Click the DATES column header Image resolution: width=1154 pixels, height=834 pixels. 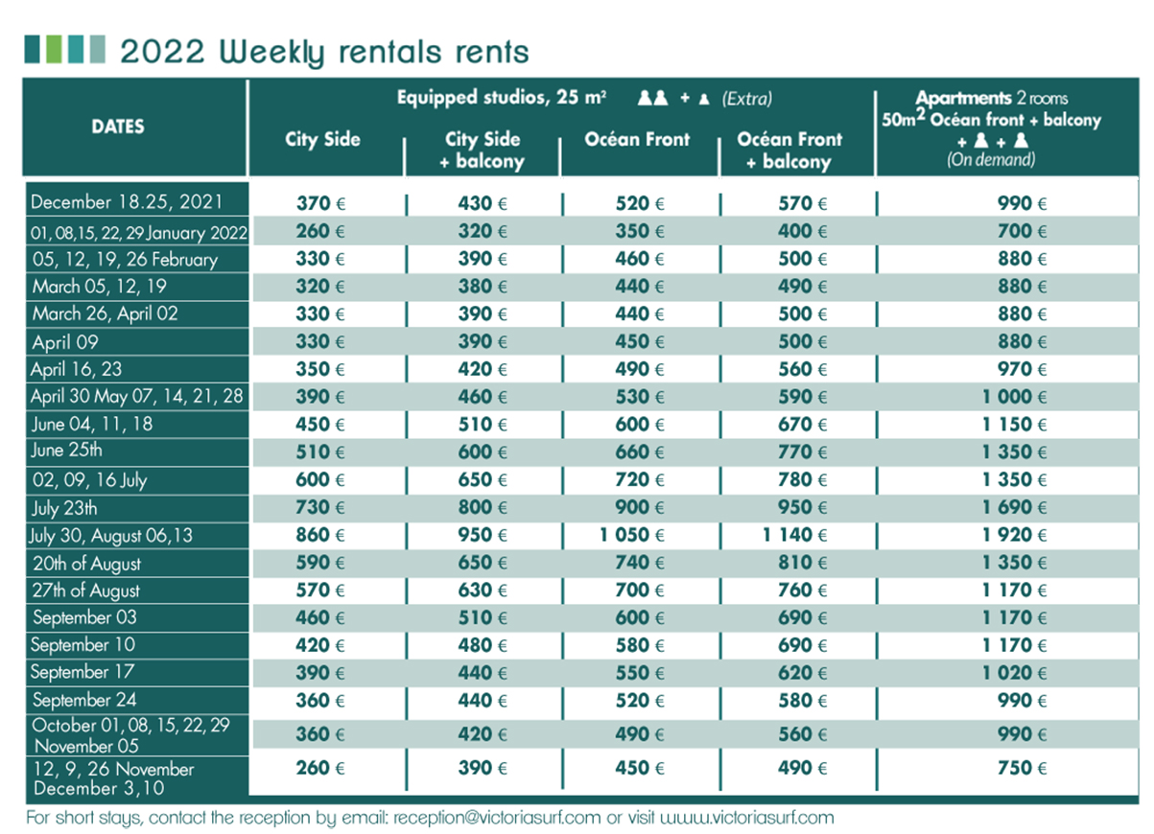[x=118, y=127]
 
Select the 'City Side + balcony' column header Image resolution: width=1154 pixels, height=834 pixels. [x=482, y=151]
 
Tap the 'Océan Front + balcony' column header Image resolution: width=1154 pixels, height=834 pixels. [x=789, y=151]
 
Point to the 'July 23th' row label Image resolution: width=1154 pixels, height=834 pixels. [x=65, y=508]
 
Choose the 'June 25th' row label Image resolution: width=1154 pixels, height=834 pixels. [x=67, y=451]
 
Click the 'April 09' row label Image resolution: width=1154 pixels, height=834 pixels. [x=65, y=342]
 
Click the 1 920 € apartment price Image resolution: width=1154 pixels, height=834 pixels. [x=1014, y=535]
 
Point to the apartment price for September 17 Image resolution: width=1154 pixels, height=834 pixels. [x=1014, y=673]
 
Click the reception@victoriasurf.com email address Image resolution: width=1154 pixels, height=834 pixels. [x=496, y=818]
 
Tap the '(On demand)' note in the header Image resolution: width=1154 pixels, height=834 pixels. [x=991, y=160]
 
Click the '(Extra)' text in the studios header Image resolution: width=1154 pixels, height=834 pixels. [x=747, y=99]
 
